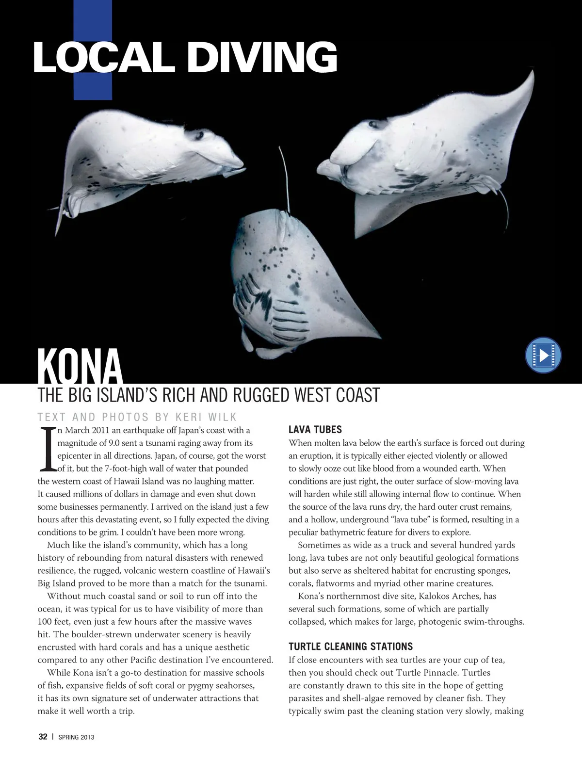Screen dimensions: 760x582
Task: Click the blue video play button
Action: (543, 356)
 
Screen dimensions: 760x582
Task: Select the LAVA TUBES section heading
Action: (315, 429)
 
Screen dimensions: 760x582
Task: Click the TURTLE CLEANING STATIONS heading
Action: (351, 646)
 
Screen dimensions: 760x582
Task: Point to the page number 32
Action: (43, 737)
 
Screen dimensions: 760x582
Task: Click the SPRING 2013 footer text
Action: (76, 737)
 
